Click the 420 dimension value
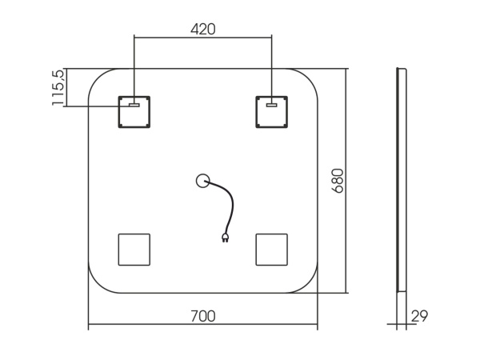pyautogui.click(x=203, y=30)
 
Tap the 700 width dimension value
pyautogui.click(x=203, y=316)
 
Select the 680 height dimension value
pyautogui.click(x=338, y=181)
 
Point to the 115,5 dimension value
pyautogui.click(x=58, y=87)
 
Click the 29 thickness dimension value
pyautogui.click(x=419, y=316)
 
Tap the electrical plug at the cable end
pyautogui.click(x=225, y=238)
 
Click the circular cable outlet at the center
pyautogui.click(x=202, y=181)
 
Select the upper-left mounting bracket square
pyautogui.click(x=134, y=112)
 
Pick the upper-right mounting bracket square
pyautogui.click(x=271, y=112)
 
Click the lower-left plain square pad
pyautogui.click(x=134, y=250)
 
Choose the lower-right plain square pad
pyautogui.click(x=271, y=250)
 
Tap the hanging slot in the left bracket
pyautogui.click(x=134, y=105)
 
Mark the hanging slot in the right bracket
pyautogui.click(x=271, y=105)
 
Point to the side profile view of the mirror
pyautogui.click(x=402, y=180)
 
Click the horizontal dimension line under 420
pyautogui.click(x=203, y=38)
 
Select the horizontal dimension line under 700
pyautogui.click(x=203, y=324)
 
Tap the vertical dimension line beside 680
pyautogui.click(x=346, y=181)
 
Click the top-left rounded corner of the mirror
pyautogui.click(x=97, y=78)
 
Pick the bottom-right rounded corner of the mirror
pyautogui.click(x=309, y=284)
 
